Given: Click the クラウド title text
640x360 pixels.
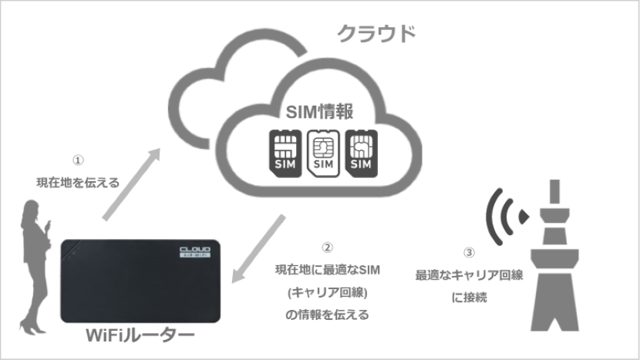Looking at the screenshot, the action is (x=376, y=33).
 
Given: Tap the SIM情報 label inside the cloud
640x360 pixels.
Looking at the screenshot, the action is (x=319, y=112).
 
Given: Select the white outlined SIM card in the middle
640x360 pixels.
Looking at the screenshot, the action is (x=323, y=153).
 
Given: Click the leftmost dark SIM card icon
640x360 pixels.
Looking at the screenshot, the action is (x=285, y=153).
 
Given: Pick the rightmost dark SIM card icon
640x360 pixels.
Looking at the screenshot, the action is (x=361, y=153).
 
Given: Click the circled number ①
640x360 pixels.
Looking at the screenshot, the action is (x=78, y=160).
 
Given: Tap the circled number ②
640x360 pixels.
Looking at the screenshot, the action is (x=328, y=247).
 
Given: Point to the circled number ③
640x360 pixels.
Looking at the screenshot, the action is (x=470, y=253).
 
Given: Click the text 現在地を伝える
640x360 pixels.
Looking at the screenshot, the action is (x=78, y=183).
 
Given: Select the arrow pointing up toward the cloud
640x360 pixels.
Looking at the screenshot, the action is (x=131, y=184).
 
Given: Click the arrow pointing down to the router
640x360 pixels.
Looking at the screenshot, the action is (x=258, y=248).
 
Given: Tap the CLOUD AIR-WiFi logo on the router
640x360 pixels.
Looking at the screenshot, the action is (x=196, y=252).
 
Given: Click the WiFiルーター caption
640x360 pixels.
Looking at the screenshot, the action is (x=140, y=335).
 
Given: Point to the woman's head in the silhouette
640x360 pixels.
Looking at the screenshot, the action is (x=31, y=208).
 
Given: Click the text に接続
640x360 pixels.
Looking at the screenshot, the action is (x=470, y=297).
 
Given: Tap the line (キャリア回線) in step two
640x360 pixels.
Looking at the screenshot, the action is (x=328, y=293).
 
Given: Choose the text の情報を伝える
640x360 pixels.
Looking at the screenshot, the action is (x=328, y=315).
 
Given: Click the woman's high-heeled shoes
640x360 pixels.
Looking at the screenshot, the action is (x=32, y=327).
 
